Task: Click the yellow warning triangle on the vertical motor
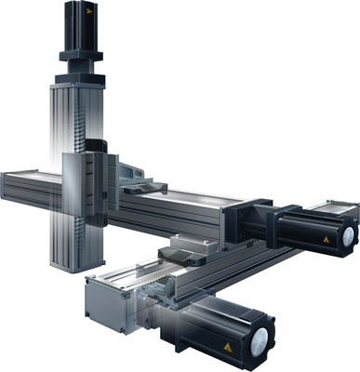tap(88, 15)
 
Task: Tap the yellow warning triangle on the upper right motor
tap(325, 240)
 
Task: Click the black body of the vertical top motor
tap(79, 22)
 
